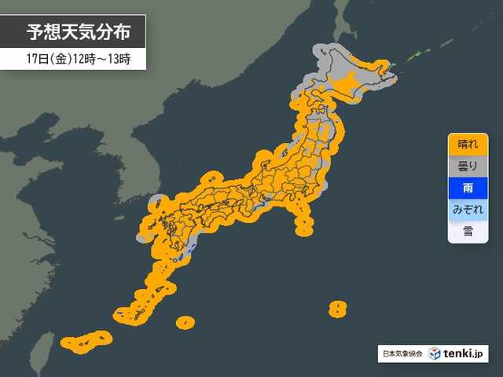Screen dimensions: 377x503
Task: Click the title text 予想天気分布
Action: [75, 32]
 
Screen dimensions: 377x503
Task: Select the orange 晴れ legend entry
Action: [467, 145]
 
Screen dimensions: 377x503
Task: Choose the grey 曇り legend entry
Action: [467, 167]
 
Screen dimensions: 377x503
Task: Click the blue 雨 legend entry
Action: [467, 188]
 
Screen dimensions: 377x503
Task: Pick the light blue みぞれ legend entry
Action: [467, 210]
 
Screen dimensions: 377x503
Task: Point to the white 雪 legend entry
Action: [467, 232]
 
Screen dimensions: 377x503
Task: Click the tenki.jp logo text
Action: [465, 353]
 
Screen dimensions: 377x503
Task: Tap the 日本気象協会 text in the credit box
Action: [402, 354]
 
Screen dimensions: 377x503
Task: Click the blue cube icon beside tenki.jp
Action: [433, 353]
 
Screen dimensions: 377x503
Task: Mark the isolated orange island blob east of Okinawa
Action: [185, 321]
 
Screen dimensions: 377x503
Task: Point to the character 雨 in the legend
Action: [467, 188]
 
